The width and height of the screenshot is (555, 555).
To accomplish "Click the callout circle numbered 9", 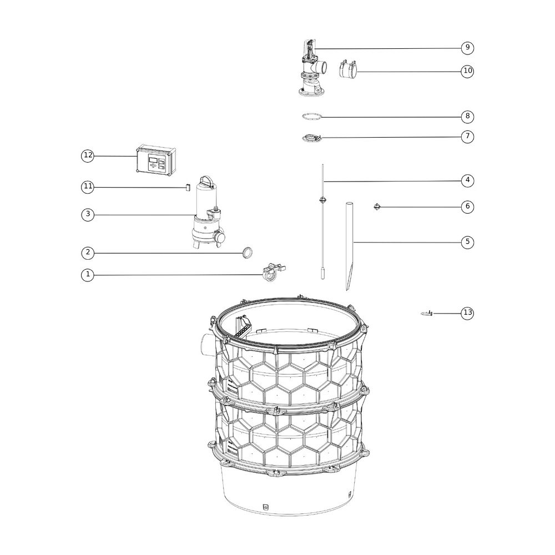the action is (467, 47).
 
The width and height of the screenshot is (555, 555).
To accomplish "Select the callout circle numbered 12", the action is (88, 155).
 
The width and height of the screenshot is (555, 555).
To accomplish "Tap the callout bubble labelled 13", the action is (467, 312).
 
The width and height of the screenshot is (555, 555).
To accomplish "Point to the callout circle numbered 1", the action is (88, 275).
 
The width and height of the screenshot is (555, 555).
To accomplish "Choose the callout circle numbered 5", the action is (467, 242).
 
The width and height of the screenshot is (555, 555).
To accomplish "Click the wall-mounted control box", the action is (157, 160).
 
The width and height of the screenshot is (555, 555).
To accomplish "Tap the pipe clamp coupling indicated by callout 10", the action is (347, 68).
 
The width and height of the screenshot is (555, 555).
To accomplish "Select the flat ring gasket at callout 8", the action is (312, 117).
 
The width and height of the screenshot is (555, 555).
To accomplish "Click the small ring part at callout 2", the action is (248, 253).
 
